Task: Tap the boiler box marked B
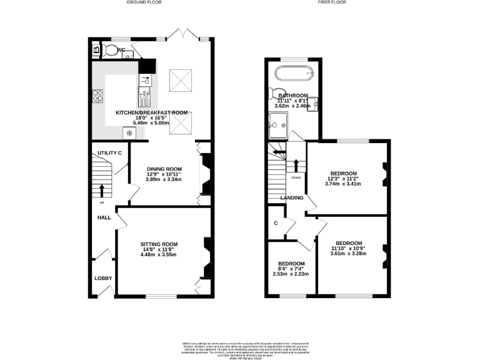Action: [x=96, y=49]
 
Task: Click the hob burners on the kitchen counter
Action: [x=98, y=96]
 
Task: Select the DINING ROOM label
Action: [x=164, y=169]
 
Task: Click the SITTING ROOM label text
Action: [x=159, y=244]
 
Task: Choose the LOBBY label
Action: [x=102, y=278]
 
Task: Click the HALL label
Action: [x=103, y=217]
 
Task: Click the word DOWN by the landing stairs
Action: [x=296, y=177]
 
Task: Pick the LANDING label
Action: [x=291, y=198]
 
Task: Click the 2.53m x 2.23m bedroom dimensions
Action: [x=291, y=274]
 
